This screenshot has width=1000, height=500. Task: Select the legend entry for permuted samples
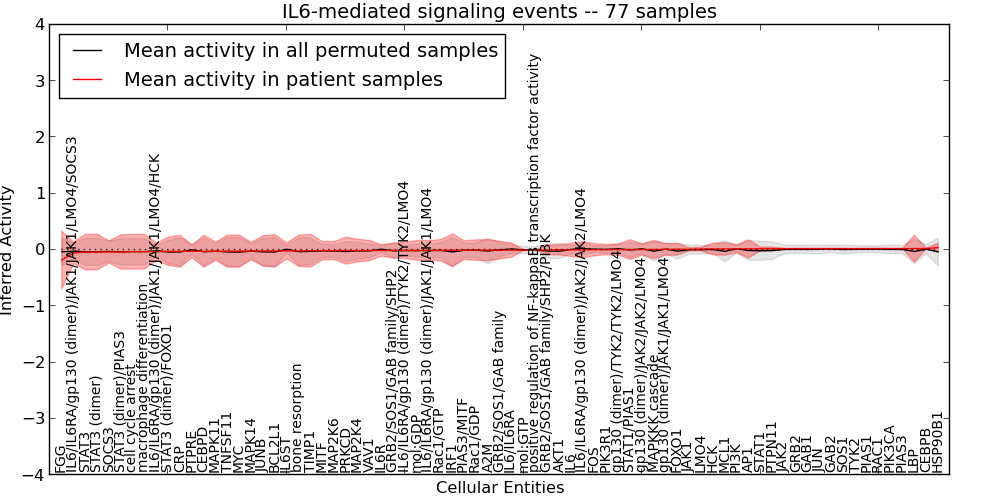pos(310,50)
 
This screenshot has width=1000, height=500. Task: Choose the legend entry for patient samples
pos(283,79)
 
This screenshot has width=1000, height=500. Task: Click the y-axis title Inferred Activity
pos(9,249)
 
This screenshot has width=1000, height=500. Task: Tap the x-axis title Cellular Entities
pos(499,488)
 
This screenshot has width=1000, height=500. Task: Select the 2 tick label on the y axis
pos(39,137)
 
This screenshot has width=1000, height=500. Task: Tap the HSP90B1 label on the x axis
pos(937,441)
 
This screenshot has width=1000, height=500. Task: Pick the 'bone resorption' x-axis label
pos(297,417)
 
